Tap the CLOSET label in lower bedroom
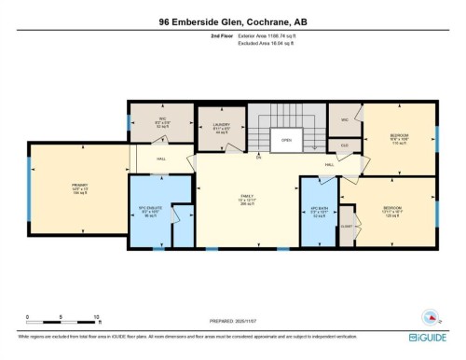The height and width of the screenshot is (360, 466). tap(346, 227)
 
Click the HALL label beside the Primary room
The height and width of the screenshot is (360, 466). tap(161, 159)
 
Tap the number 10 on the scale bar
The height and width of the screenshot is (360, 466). tap(96, 317)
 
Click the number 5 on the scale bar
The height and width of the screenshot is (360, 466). tap(62, 317)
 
